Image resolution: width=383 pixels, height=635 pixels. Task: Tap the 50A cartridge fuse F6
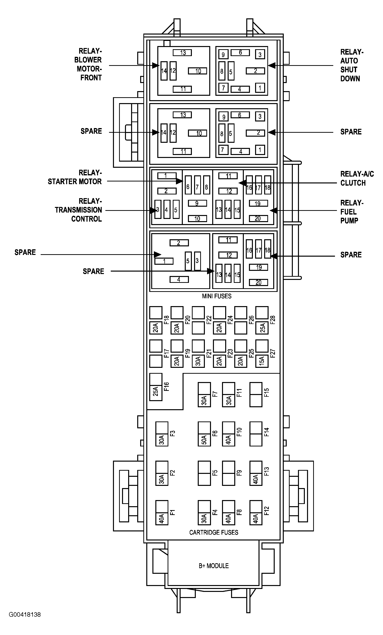204,434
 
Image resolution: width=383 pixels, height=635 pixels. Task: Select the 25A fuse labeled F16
156,387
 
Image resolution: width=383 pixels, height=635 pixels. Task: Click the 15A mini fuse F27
262,354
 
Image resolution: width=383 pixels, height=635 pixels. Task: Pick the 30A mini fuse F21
198,354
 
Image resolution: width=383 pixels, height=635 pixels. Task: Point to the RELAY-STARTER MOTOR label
75,177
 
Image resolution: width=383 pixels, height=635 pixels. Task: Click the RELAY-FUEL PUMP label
351,212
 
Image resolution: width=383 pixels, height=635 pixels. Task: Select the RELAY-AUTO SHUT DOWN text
351,65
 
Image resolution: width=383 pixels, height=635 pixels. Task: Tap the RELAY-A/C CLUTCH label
357,178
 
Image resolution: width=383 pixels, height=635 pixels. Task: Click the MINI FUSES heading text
217,296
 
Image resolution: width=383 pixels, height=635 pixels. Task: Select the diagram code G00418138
25,615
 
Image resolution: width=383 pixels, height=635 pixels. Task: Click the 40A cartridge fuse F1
162,513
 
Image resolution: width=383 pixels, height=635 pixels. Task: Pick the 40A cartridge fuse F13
256,473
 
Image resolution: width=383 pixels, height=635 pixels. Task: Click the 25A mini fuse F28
262,320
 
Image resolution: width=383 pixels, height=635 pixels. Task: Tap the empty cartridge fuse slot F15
256,395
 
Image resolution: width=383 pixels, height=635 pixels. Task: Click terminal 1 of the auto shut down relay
260,88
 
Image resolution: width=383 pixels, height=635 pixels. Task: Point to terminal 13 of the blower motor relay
182,53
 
